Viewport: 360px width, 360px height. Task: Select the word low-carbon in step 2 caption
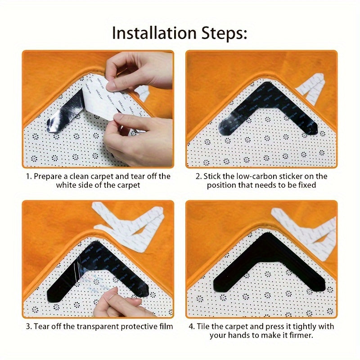(x=254, y=176)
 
